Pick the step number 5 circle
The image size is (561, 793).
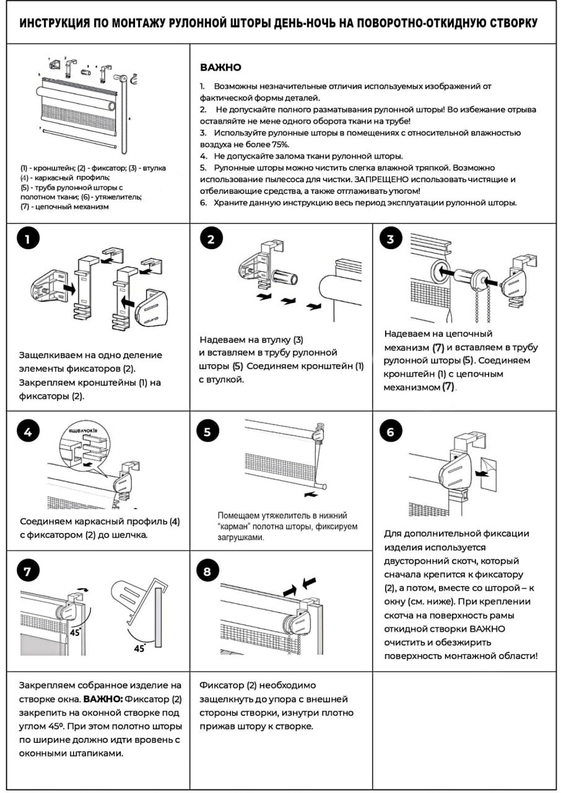207,432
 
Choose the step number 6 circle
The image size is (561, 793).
390,432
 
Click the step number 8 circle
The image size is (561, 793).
207,571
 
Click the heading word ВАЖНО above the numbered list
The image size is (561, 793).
220,68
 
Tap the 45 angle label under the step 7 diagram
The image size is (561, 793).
139,648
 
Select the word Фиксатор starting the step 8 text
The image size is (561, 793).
222,685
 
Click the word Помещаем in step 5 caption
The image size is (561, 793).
238,515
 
